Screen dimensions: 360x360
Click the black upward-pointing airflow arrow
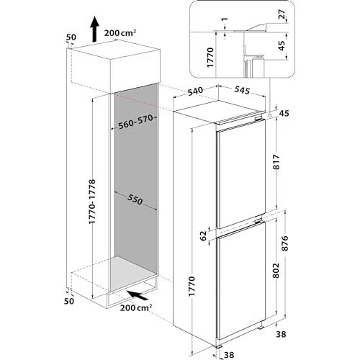tap(95, 29)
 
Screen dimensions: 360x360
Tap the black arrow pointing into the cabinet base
tap(138, 295)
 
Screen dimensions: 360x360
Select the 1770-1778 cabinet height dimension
tap(92, 202)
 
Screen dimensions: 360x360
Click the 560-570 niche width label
tap(136, 122)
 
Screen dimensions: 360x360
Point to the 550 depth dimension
tap(135, 199)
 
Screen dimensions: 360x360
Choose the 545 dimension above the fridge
tap(242, 90)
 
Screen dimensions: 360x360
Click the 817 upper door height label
tap(276, 162)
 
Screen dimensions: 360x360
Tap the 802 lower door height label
tap(276, 271)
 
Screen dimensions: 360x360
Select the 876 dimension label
tap(285, 243)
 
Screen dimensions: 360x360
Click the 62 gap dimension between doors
tap(203, 236)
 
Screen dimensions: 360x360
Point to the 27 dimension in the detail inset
tap(282, 14)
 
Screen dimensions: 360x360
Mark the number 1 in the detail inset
tap(225, 19)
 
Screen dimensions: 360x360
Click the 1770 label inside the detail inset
tap(210, 58)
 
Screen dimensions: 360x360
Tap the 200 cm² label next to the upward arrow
tap(120, 33)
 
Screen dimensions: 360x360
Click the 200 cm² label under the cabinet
tap(136, 307)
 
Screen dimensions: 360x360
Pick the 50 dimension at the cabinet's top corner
tap(71, 37)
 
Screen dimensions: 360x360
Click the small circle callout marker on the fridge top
tap(271, 115)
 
